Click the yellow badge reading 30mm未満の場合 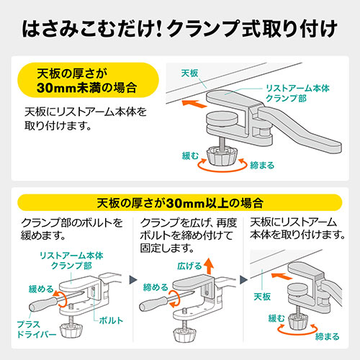(x=89, y=80)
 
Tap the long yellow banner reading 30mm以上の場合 (x=180, y=203)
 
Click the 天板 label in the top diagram (x=189, y=73)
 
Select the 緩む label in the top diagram (x=190, y=156)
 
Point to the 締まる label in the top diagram (x=262, y=166)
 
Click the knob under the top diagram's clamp (x=222, y=156)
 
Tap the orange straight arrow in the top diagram (x=194, y=104)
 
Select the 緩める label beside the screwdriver (x=41, y=289)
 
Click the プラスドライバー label (x=37, y=329)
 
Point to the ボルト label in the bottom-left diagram (x=111, y=320)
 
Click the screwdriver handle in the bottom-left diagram (x=42, y=304)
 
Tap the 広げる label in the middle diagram (x=189, y=266)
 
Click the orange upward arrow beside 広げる (x=209, y=266)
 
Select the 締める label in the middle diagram (x=156, y=287)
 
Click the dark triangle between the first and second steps (x=133, y=279)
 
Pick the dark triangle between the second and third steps (x=243, y=279)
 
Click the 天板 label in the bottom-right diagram (x=262, y=297)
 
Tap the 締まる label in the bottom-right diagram (x=328, y=336)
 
